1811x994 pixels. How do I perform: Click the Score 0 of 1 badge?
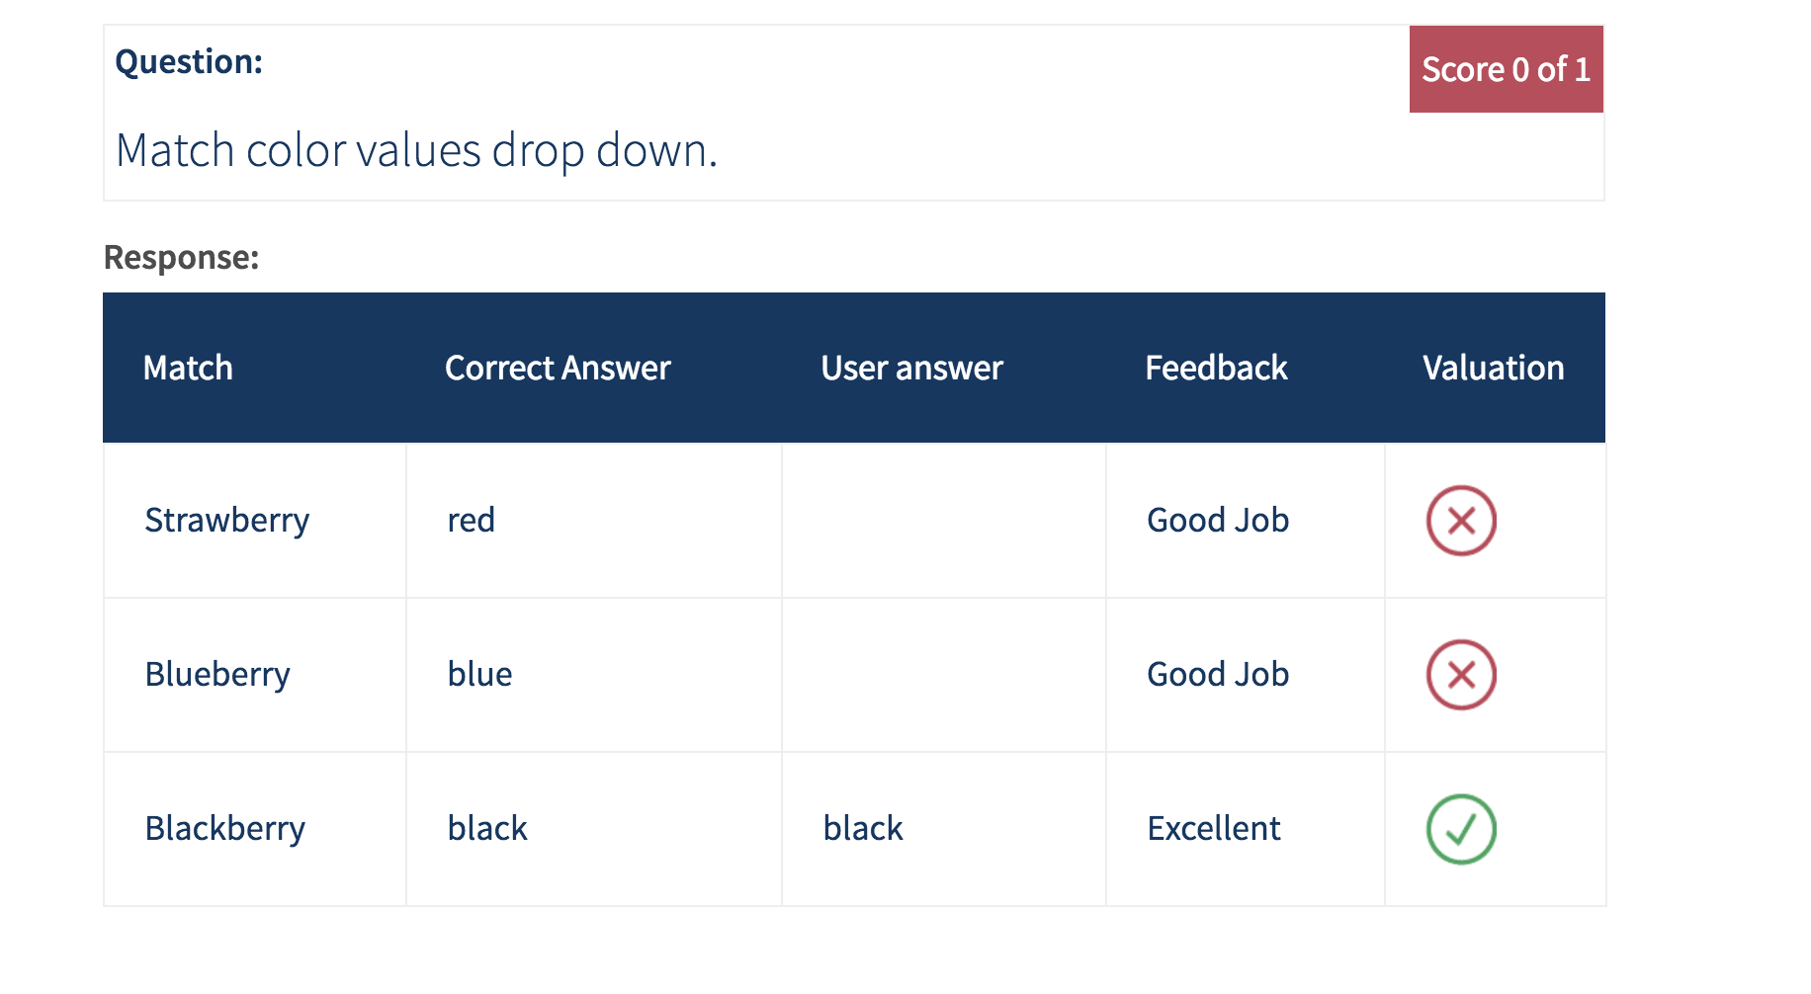pyautogui.click(x=1506, y=69)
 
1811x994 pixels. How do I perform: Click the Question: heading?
pyautogui.click(x=189, y=62)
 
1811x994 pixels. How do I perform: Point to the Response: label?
pyautogui.click(x=181, y=257)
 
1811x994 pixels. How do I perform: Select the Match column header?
pyautogui.click(x=188, y=368)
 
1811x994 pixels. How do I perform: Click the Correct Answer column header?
pyautogui.click(x=558, y=368)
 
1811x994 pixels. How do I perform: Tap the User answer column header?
pyautogui.click(x=911, y=368)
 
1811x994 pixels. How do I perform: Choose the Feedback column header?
pyautogui.click(x=1216, y=368)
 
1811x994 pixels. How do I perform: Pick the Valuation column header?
pyautogui.click(x=1493, y=368)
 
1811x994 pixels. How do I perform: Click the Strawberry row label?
pyautogui.click(x=227, y=521)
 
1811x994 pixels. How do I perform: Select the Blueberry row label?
pyautogui.click(x=217, y=675)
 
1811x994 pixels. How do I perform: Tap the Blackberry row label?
pyautogui.click(x=225, y=829)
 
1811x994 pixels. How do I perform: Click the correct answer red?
pyautogui.click(x=471, y=521)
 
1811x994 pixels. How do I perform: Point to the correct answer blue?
pyautogui.click(x=479, y=674)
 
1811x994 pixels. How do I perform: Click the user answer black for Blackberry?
pyautogui.click(x=863, y=828)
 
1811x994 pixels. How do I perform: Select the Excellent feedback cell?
pyautogui.click(x=1214, y=828)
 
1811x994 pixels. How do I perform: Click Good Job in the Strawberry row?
pyautogui.click(x=1218, y=520)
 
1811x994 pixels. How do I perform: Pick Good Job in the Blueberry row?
pyautogui.click(x=1218, y=674)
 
